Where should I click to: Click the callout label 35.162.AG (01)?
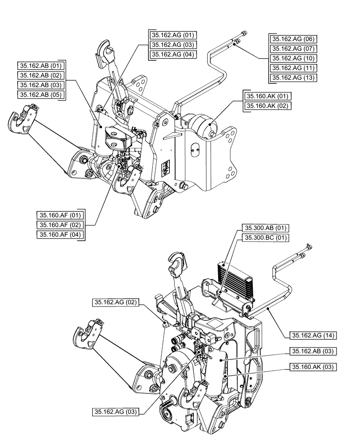click(173, 35)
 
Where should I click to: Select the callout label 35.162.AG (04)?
click(173, 54)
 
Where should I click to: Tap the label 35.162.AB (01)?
click(40, 65)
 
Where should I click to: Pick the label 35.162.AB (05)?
click(40, 94)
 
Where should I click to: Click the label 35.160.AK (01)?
click(267, 96)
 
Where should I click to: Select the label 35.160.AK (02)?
click(267, 106)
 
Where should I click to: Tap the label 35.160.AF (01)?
click(60, 215)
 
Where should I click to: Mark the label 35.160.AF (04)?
click(60, 235)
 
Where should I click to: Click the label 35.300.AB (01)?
click(265, 228)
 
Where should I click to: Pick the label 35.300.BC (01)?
click(265, 238)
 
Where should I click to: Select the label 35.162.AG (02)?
click(116, 303)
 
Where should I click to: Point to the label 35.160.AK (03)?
click(313, 366)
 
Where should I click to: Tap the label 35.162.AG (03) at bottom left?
click(116, 412)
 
